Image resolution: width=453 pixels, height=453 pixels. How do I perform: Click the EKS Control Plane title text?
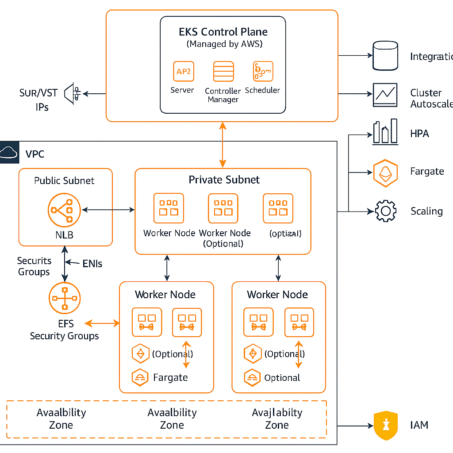(x=223, y=32)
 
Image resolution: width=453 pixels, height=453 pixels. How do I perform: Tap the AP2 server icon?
(x=183, y=71)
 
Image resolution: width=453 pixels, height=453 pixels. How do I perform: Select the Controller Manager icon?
(x=223, y=71)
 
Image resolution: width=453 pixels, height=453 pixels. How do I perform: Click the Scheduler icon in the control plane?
(x=263, y=71)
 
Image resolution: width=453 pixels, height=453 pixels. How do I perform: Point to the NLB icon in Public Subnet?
(x=65, y=210)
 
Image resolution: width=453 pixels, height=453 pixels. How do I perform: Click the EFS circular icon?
(x=65, y=298)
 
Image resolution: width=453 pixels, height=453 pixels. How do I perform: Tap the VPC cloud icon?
(x=9, y=153)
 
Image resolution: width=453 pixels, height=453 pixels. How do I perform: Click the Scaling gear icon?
(x=385, y=211)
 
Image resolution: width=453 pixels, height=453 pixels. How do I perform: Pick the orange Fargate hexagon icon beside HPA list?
(x=385, y=173)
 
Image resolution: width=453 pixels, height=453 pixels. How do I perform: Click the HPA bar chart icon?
(x=385, y=132)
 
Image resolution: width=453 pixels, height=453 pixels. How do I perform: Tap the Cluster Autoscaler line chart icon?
(x=385, y=95)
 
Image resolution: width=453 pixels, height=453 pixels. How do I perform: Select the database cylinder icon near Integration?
(x=385, y=56)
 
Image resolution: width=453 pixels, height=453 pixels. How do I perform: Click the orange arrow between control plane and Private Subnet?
(x=223, y=145)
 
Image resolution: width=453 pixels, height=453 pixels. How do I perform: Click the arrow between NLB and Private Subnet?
(x=108, y=209)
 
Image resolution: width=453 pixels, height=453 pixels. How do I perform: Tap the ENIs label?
(x=92, y=264)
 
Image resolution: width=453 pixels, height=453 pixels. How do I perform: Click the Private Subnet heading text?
(x=224, y=180)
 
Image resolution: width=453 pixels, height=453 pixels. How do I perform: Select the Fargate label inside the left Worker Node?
(x=170, y=378)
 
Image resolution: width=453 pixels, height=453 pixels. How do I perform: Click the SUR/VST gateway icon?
(x=73, y=93)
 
